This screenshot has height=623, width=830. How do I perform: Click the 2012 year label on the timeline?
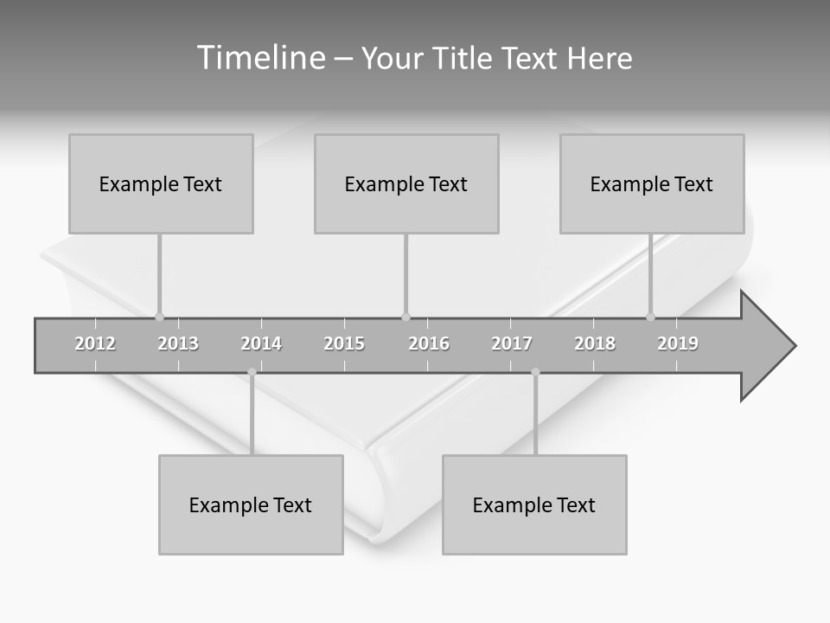click(x=95, y=344)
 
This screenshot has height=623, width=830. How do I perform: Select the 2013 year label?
click(x=178, y=344)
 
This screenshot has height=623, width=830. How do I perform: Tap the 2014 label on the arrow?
click(x=261, y=344)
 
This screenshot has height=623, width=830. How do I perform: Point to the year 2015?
click(x=344, y=344)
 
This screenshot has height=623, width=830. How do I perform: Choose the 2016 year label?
click(x=429, y=344)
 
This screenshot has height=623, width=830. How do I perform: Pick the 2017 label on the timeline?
click(x=512, y=344)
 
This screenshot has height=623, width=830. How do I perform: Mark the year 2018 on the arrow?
click(x=595, y=344)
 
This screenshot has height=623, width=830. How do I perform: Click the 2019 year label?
click(x=678, y=344)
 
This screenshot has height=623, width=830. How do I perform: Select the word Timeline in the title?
click(x=259, y=58)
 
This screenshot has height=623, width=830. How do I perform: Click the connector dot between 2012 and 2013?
click(x=159, y=317)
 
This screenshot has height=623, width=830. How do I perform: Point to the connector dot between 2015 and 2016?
click(x=405, y=317)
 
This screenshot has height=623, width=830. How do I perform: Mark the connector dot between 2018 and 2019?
click(x=651, y=317)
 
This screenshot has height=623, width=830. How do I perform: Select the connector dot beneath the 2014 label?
click(x=252, y=372)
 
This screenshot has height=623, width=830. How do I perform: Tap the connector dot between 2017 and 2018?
click(x=535, y=372)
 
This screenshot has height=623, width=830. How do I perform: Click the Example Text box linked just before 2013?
click(x=161, y=183)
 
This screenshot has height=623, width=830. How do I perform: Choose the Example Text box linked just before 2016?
click(x=406, y=183)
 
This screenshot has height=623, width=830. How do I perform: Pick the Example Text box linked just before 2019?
click(x=652, y=183)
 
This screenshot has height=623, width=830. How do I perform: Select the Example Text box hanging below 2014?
click(x=251, y=504)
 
